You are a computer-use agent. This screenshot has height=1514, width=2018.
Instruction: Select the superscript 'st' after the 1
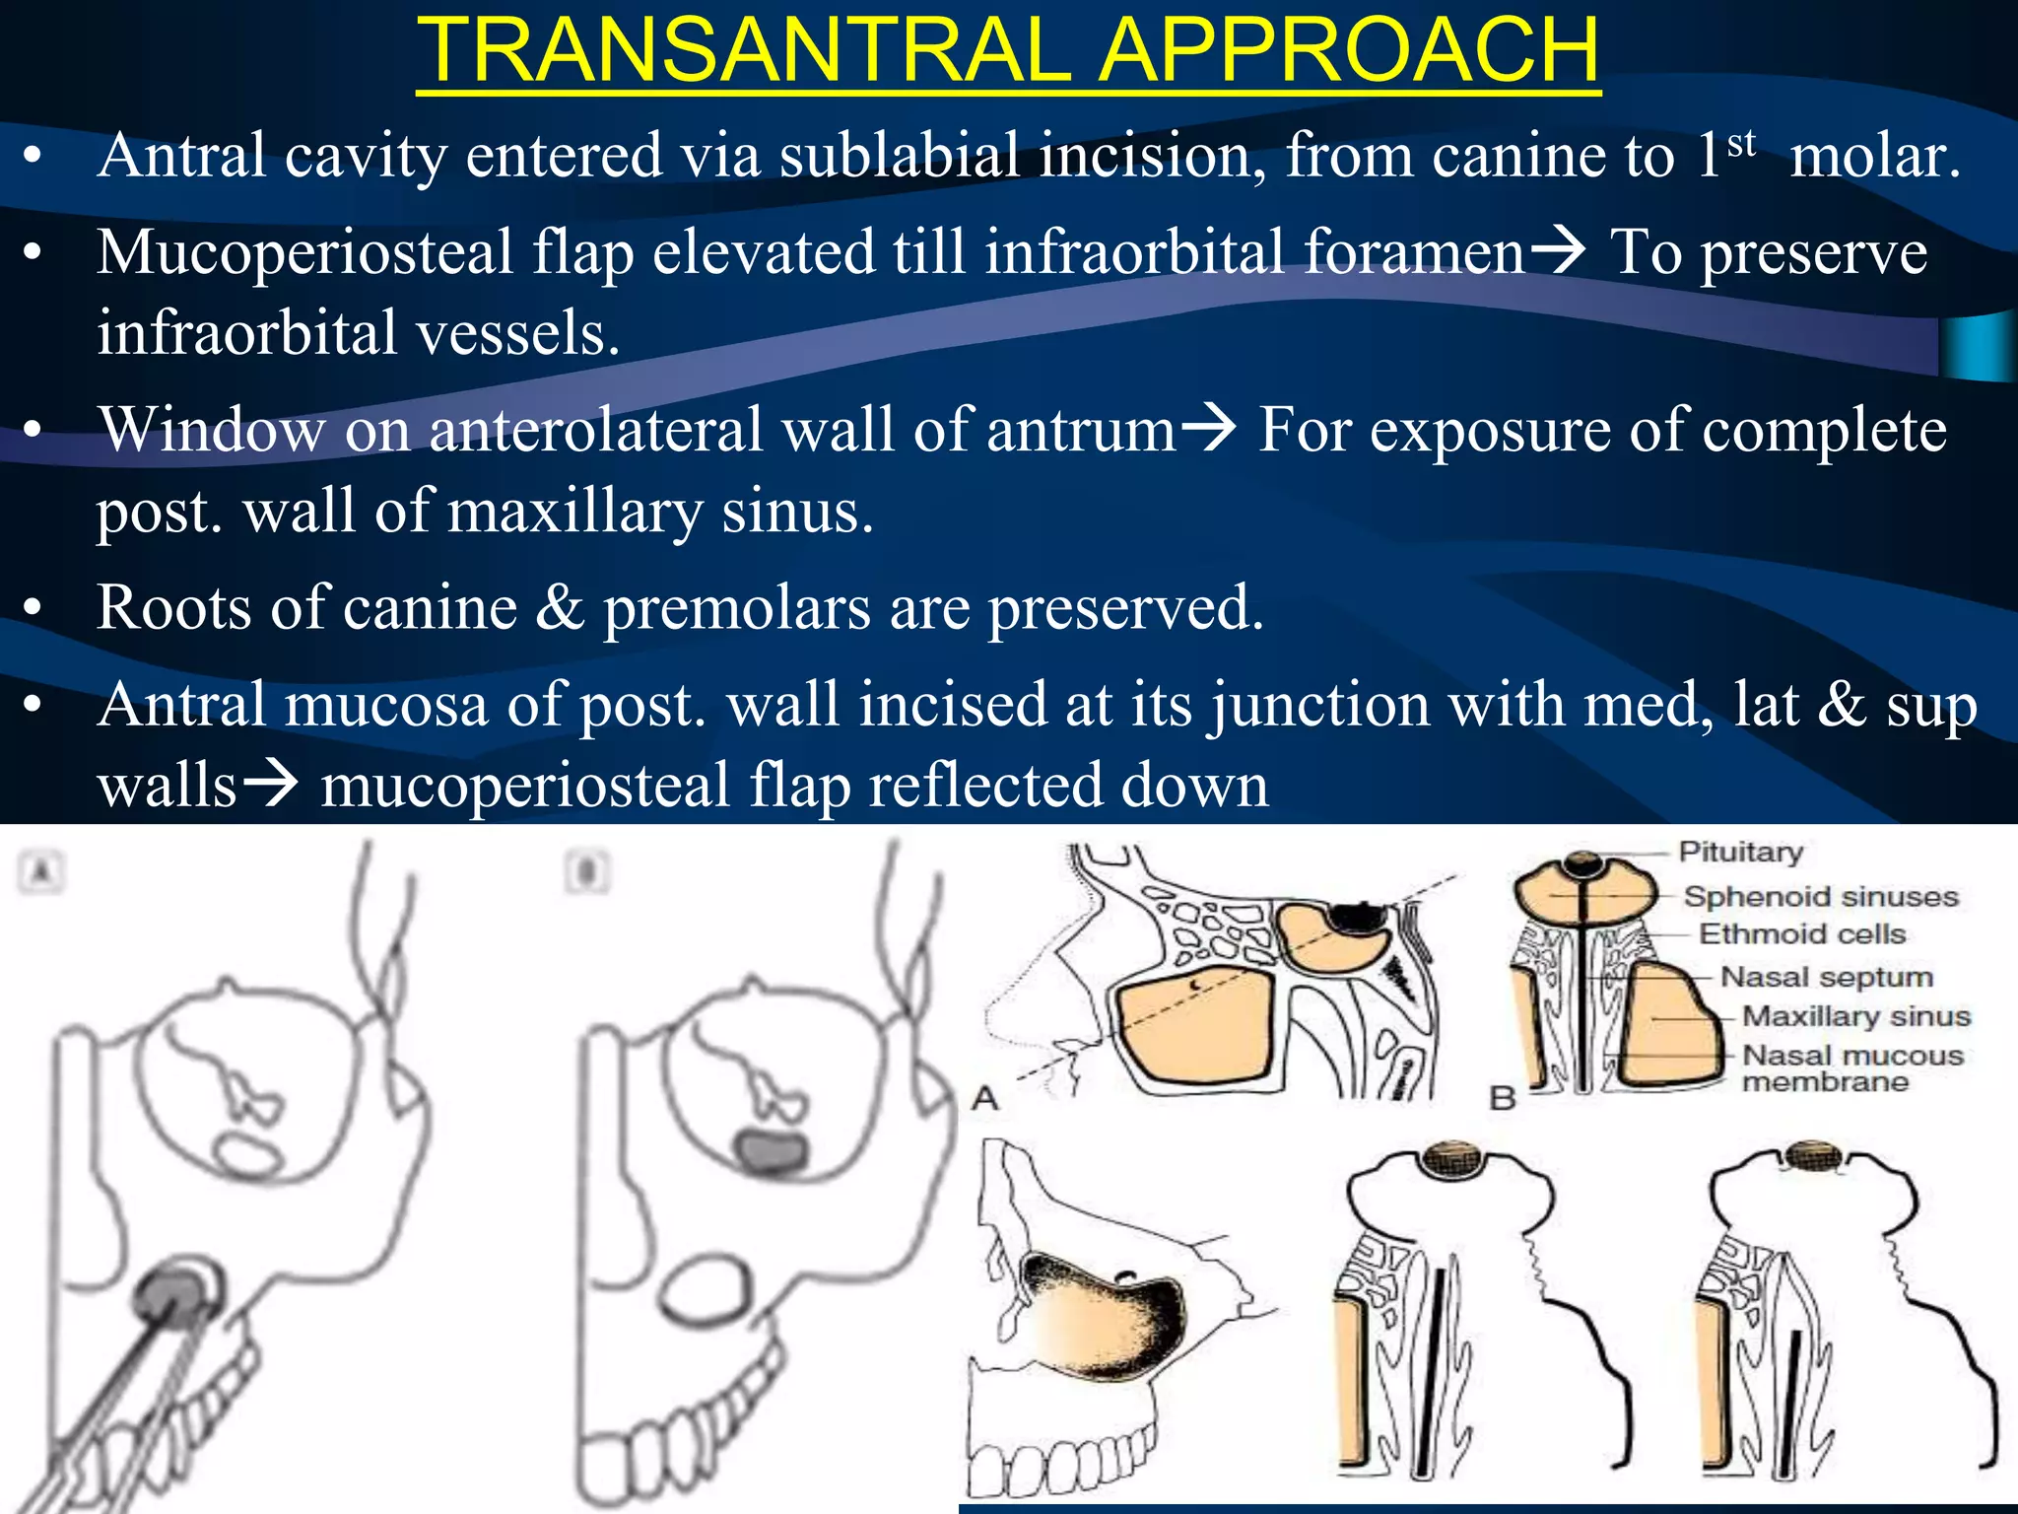click(x=1741, y=143)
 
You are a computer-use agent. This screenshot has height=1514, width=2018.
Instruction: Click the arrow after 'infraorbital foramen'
click(x=1557, y=250)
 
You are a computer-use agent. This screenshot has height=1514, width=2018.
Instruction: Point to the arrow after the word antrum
click(x=1208, y=428)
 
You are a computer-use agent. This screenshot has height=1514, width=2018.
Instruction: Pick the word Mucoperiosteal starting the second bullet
click(x=304, y=252)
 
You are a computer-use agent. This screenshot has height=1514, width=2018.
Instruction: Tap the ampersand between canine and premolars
click(x=560, y=607)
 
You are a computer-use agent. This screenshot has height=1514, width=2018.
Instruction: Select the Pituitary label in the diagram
click(x=1740, y=852)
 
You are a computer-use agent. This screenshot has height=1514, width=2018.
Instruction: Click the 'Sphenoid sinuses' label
click(x=1820, y=896)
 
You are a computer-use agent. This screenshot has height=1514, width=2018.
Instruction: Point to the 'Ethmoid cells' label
click(x=1802, y=933)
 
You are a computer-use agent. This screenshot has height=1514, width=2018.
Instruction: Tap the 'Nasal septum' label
click(x=1826, y=977)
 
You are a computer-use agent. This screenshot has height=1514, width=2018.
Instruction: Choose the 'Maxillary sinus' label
click(x=1856, y=1016)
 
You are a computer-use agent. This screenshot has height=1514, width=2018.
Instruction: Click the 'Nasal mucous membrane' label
click(x=1852, y=1068)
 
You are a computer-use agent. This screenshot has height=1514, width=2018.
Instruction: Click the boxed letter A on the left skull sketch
click(x=41, y=871)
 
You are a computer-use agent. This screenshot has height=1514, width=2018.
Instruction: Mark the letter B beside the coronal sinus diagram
click(x=1502, y=1097)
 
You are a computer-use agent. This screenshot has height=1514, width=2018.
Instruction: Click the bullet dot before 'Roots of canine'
click(x=34, y=608)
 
